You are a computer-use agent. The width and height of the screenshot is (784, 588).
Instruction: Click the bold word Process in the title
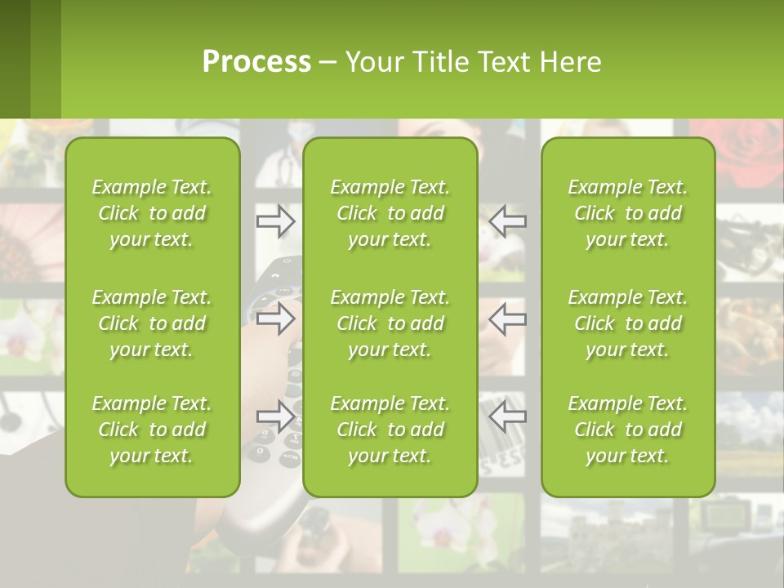pyautogui.click(x=256, y=62)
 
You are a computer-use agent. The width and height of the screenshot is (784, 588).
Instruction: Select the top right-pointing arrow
pyautogui.click(x=276, y=220)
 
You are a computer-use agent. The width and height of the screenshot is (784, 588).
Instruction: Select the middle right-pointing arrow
pyautogui.click(x=276, y=318)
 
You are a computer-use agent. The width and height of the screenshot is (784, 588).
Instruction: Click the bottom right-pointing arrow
pyautogui.click(x=276, y=416)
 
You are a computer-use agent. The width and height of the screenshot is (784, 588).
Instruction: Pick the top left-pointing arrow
pyautogui.click(x=507, y=220)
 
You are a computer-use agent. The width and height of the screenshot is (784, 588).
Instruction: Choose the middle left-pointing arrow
pyautogui.click(x=507, y=318)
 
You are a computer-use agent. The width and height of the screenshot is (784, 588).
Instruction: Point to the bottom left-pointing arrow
pyautogui.click(x=507, y=416)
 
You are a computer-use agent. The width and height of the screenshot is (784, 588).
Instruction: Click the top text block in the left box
pyautogui.click(x=152, y=213)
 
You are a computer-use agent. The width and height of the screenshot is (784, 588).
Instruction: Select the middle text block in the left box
pyautogui.click(x=152, y=323)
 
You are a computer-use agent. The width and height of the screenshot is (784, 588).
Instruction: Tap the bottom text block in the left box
pyautogui.click(x=152, y=430)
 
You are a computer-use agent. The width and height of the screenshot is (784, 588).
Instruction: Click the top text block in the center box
pyautogui.click(x=390, y=213)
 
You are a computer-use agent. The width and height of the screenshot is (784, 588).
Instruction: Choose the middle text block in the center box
pyautogui.click(x=390, y=323)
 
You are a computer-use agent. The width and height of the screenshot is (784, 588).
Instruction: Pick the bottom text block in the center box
pyautogui.click(x=390, y=430)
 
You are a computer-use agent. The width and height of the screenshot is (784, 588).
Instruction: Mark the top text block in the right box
pyautogui.click(x=627, y=213)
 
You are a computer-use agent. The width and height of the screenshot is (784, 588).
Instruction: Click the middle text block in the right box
pyautogui.click(x=627, y=323)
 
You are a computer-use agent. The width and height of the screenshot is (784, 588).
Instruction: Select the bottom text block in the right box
pyautogui.click(x=627, y=430)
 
